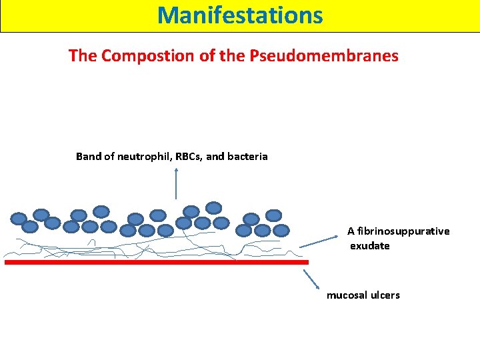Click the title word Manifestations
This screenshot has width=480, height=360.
point(240,15)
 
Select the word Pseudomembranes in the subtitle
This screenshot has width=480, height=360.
point(323,56)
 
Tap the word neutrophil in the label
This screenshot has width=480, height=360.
point(141,157)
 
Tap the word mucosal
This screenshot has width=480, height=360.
point(347,295)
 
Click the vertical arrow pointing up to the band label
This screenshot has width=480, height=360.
point(176,183)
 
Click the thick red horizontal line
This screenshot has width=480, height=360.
point(157,263)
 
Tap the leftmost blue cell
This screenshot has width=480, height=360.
point(19,218)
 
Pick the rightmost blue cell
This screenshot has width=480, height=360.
point(282,230)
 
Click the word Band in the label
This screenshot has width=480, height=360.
point(88,157)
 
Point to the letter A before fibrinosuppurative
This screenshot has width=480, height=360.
point(351,231)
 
